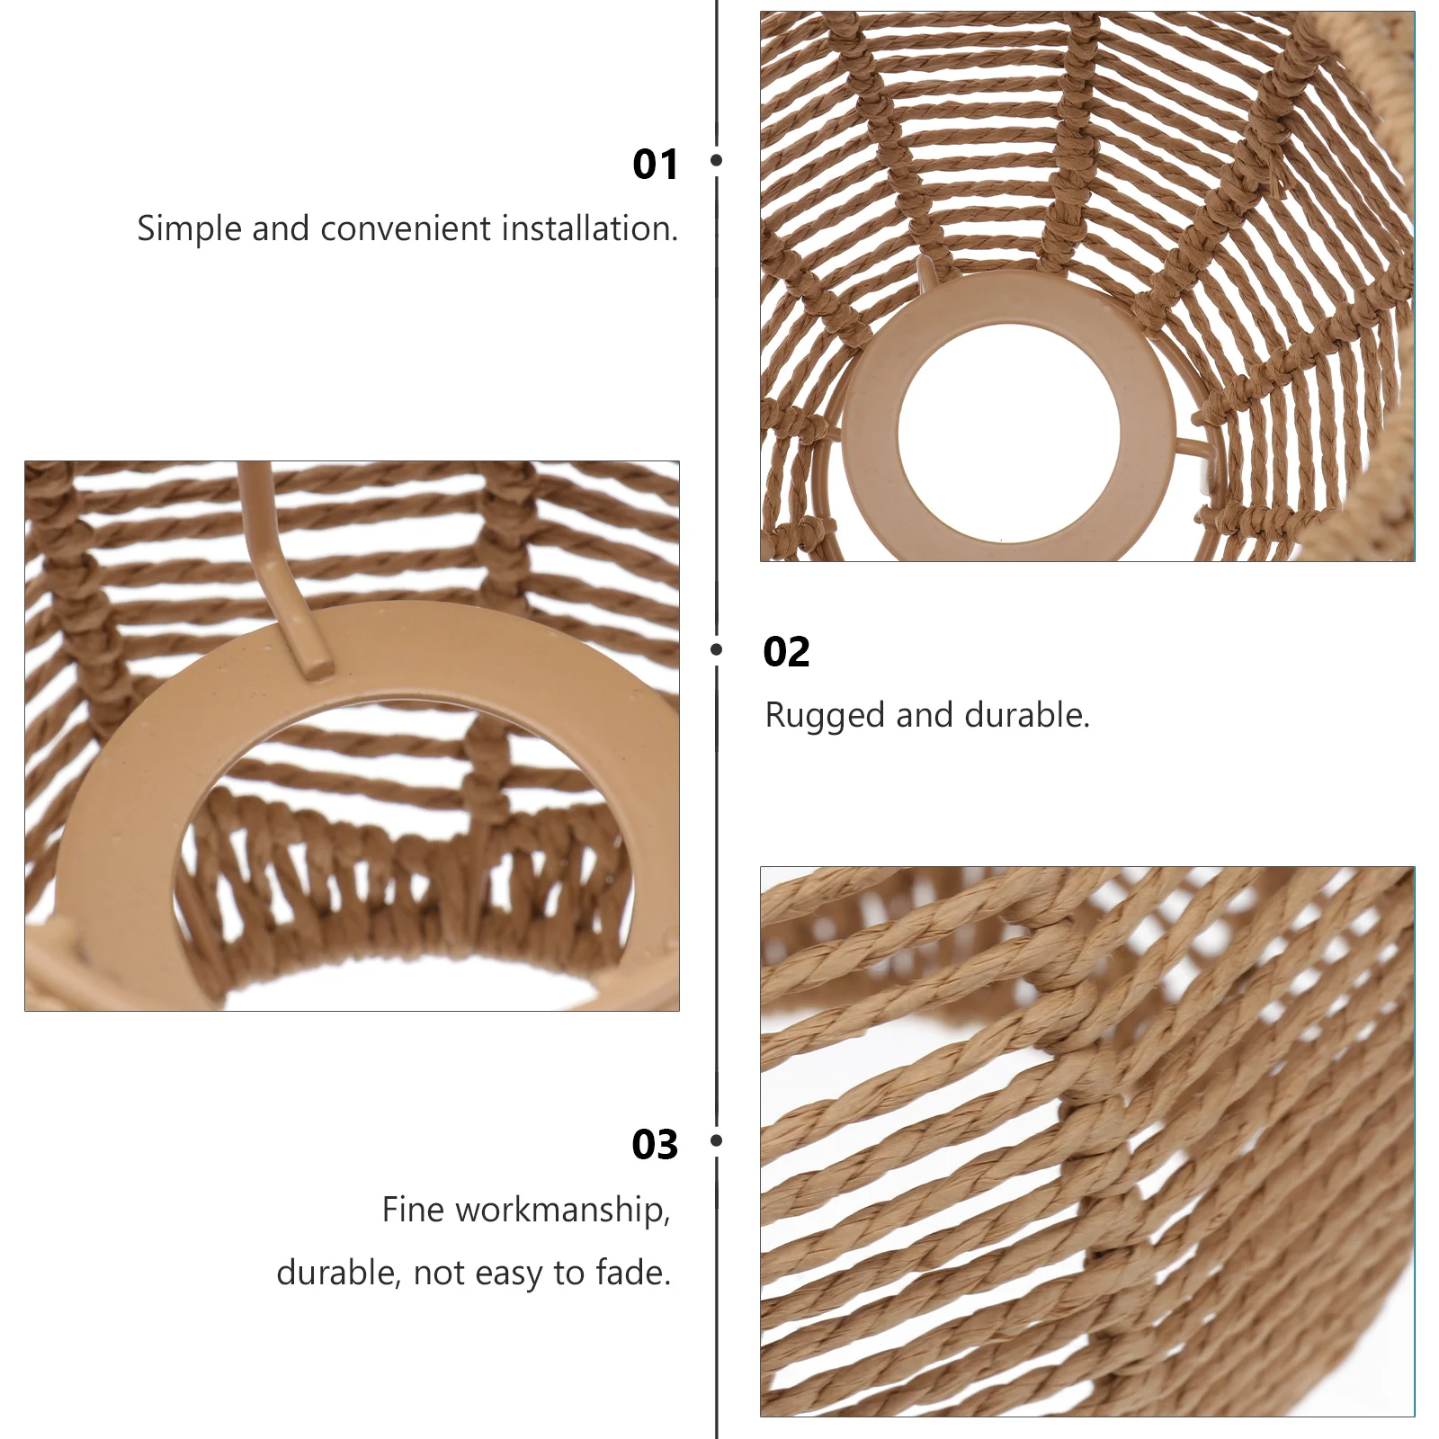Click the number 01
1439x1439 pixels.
click(x=655, y=164)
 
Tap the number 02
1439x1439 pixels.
click(x=786, y=652)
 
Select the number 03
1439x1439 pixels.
click(x=655, y=1144)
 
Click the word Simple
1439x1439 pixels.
click(x=190, y=230)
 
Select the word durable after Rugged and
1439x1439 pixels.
click(x=1027, y=715)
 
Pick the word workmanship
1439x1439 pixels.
click(x=564, y=1211)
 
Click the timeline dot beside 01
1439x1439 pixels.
click(x=717, y=160)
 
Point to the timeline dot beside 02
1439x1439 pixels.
click(x=717, y=649)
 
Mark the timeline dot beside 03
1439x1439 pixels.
click(x=717, y=1140)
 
